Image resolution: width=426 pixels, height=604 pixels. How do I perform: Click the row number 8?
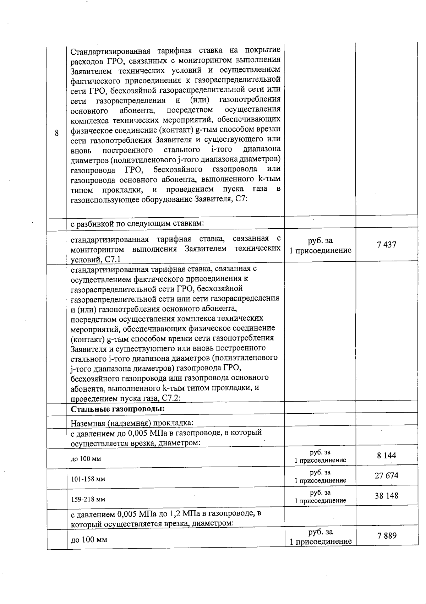(x=57, y=134)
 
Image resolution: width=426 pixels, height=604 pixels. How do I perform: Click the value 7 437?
(x=387, y=245)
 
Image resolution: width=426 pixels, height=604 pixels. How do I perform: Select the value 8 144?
(x=387, y=455)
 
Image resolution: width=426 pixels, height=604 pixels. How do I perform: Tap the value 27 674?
(x=387, y=475)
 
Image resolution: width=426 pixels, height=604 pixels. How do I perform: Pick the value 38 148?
(x=387, y=496)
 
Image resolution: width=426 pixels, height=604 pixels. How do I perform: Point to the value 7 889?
(x=387, y=535)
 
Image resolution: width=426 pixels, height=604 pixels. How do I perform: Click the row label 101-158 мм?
(x=88, y=479)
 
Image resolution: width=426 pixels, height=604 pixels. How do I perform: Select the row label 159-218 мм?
(x=88, y=499)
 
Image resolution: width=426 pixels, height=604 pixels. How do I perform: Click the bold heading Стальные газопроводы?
(x=118, y=409)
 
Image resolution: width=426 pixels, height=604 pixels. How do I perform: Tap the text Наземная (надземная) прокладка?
(x=132, y=423)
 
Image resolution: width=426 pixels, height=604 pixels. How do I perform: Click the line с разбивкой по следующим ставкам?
(x=137, y=223)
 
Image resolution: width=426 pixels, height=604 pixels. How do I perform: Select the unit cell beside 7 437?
(x=320, y=245)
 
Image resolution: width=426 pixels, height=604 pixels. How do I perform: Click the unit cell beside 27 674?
(x=320, y=476)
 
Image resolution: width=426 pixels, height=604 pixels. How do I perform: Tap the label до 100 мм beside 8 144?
(x=86, y=459)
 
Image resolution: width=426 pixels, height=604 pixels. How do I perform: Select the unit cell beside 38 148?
(x=320, y=496)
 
